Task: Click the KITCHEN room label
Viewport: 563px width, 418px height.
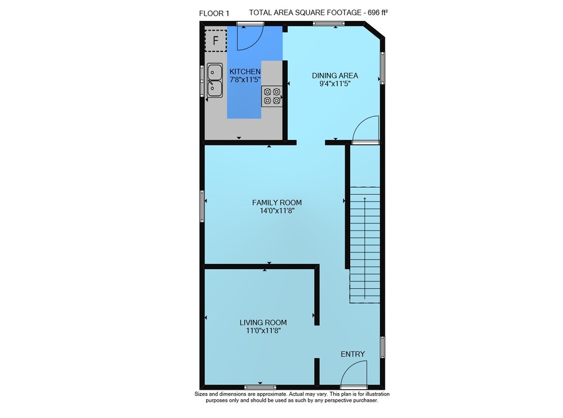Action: coord(245,72)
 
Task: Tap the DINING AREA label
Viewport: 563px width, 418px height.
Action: coord(334,76)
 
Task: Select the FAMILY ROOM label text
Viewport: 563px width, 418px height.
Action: coord(277,203)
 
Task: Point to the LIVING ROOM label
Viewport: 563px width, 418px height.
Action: coord(263,323)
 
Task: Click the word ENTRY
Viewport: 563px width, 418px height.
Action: coord(352,354)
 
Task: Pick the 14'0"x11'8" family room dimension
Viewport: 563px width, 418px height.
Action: coord(277,211)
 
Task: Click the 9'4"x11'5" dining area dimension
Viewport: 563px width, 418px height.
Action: coord(334,84)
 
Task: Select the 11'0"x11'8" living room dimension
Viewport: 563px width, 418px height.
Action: coord(263,331)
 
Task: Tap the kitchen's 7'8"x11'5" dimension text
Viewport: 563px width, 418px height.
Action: coord(245,80)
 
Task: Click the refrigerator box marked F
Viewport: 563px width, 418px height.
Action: coord(216,41)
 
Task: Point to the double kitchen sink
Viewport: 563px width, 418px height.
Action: coord(215,80)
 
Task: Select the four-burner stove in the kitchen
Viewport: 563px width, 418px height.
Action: coord(272,96)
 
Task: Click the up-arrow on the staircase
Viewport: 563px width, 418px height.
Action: coord(364,248)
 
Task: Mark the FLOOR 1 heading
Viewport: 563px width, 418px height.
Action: coord(214,14)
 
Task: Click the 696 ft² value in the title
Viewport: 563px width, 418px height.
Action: coord(378,12)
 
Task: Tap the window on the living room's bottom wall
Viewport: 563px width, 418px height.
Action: coord(260,387)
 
